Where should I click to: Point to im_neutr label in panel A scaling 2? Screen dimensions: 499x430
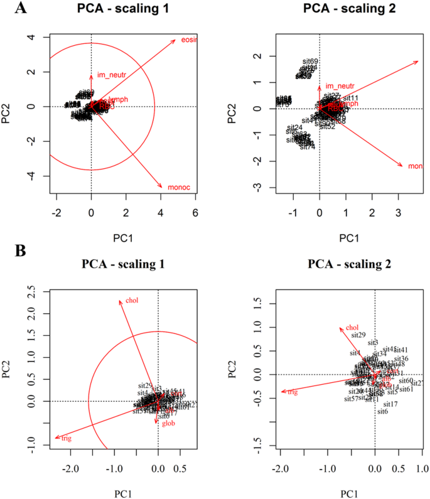(340, 86)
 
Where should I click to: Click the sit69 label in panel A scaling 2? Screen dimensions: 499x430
(310, 62)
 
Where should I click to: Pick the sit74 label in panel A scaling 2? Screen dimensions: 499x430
(307, 147)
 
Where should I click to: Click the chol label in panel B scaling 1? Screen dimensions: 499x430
(132, 299)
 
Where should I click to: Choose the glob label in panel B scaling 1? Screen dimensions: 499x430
(168, 424)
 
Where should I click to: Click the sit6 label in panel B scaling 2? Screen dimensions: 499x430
(382, 411)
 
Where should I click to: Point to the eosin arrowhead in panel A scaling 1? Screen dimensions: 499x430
(175, 39)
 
